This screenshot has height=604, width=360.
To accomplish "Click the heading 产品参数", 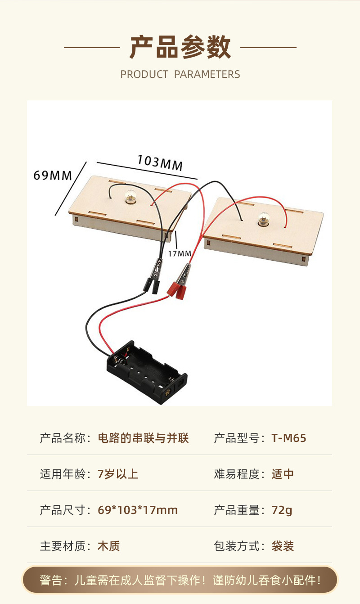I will click(x=180, y=48).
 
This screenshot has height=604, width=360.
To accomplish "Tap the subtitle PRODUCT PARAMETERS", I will click(x=180, y=74).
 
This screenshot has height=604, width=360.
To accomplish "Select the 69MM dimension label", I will click(x=53, y=175).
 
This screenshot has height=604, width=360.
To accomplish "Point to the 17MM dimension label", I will click(x=180, y=253).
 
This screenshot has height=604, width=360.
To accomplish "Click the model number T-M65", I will click(x=288, y=438).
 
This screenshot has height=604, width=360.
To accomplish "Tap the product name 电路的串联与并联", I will click(x=143, y=438).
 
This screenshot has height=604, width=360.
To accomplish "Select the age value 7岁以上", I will click(x=118, y=474).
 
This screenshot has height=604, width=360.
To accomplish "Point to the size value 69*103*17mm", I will click(x=137, y=510).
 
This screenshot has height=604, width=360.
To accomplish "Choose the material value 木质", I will click(x=108, y=546).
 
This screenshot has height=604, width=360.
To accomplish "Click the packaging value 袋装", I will click(x=283, y=546).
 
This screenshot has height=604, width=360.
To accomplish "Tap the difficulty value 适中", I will click(x=283, y=474).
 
